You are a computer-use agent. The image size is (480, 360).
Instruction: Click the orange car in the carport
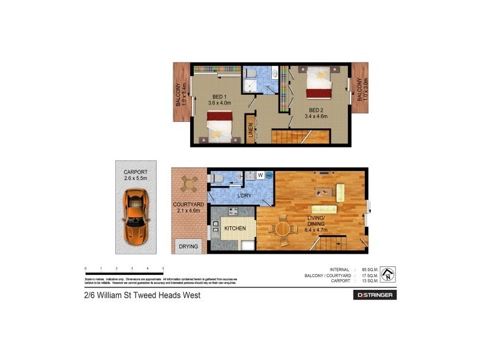click(x=135, y=215)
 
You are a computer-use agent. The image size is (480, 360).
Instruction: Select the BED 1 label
click(x=219, y=97)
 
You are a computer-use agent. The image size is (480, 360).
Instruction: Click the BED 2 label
click(x=316, y=110)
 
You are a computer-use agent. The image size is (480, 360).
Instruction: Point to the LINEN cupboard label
click(x=250, y=131)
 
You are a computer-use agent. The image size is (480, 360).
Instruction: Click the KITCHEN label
click(x=236, y=229)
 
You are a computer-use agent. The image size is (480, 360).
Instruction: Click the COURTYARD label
click(x=188, y=205)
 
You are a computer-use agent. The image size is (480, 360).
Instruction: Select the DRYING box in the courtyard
click(x=188, y=246)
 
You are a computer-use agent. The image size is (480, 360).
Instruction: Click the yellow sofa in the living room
click(x=340, y=193)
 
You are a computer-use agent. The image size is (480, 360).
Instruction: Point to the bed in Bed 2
click(x=317, y=83)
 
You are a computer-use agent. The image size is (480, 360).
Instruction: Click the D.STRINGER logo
click(x=374, y=295)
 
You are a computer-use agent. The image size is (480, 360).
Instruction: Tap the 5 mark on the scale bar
click(x=163, y=268)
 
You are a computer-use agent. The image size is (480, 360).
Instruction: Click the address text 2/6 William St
click(x=142, y=295)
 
